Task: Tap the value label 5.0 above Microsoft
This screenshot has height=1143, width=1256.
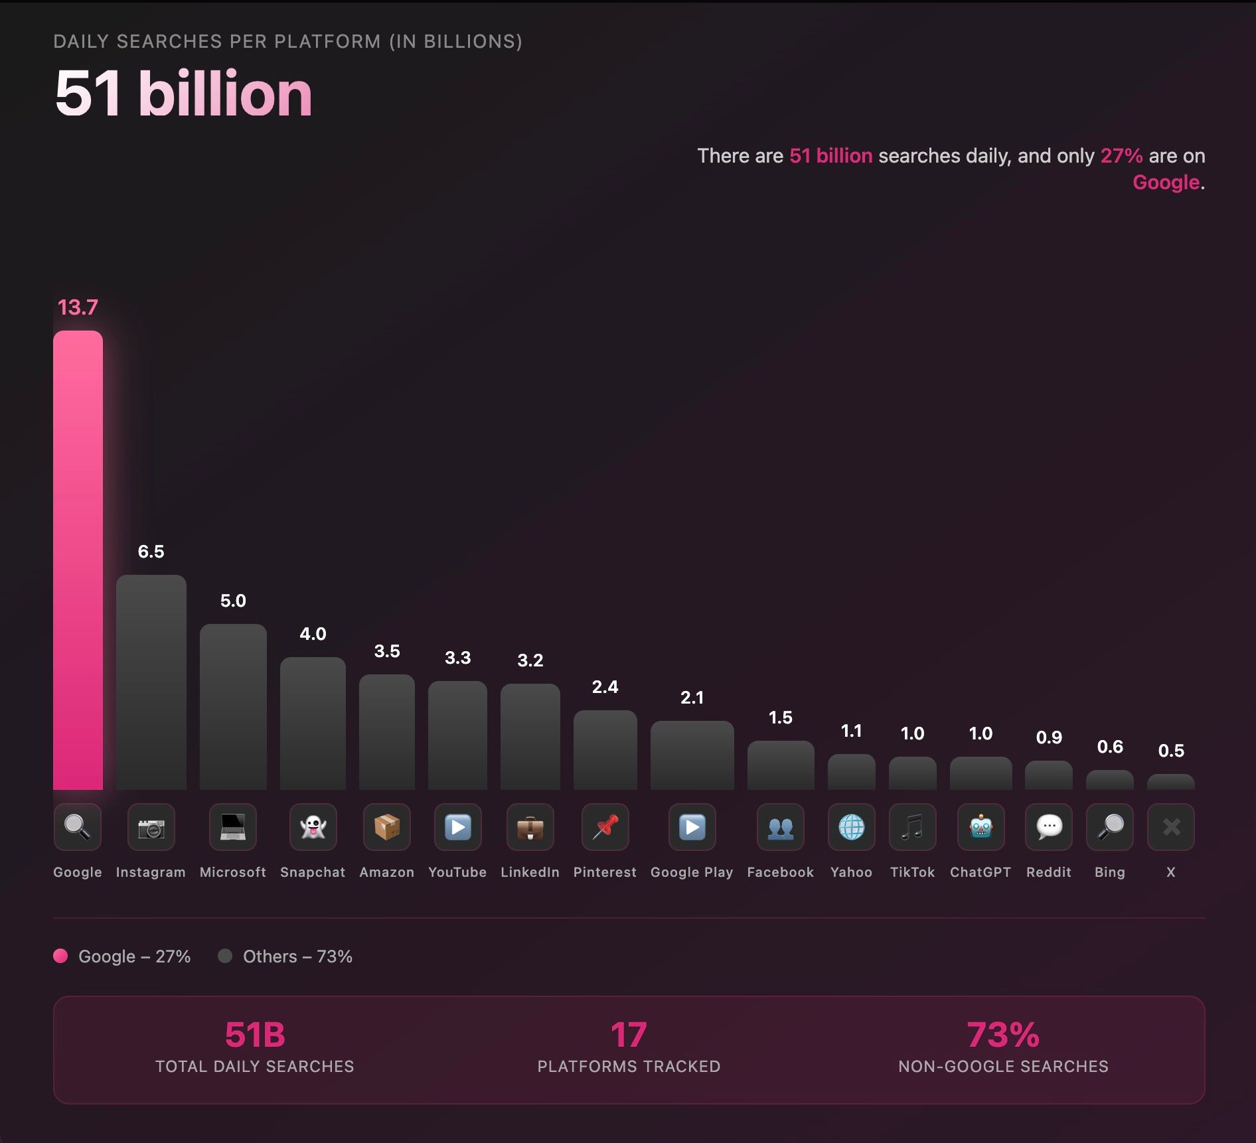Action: (233, 601)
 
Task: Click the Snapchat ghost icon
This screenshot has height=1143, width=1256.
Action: (313, 827)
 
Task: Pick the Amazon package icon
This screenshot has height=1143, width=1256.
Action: (387, 827)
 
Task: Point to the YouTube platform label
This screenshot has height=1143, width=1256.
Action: (457, 872)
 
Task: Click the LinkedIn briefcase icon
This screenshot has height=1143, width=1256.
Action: (530, 827)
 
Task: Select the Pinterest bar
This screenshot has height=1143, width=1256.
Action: (605, 749)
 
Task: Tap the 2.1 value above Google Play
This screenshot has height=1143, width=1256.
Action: (692, 698)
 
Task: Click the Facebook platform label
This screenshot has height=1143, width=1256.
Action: (780, 872)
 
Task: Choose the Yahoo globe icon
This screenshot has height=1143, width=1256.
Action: (851, 827)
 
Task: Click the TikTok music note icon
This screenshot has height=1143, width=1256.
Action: (912, 827)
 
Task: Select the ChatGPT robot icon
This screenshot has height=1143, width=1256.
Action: (981, 827)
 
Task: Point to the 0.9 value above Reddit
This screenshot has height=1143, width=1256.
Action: (1049, 737)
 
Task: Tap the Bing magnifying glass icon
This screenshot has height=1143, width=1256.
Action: (1109, 827)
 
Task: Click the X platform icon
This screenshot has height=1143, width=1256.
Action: (1171, 827)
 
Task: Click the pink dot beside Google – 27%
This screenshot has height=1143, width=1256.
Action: (60, 956)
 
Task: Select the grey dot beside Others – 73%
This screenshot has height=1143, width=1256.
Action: (225, 956)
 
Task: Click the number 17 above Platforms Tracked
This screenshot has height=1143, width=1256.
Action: (628, 1035)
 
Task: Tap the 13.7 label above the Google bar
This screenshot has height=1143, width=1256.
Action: (78, 307)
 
